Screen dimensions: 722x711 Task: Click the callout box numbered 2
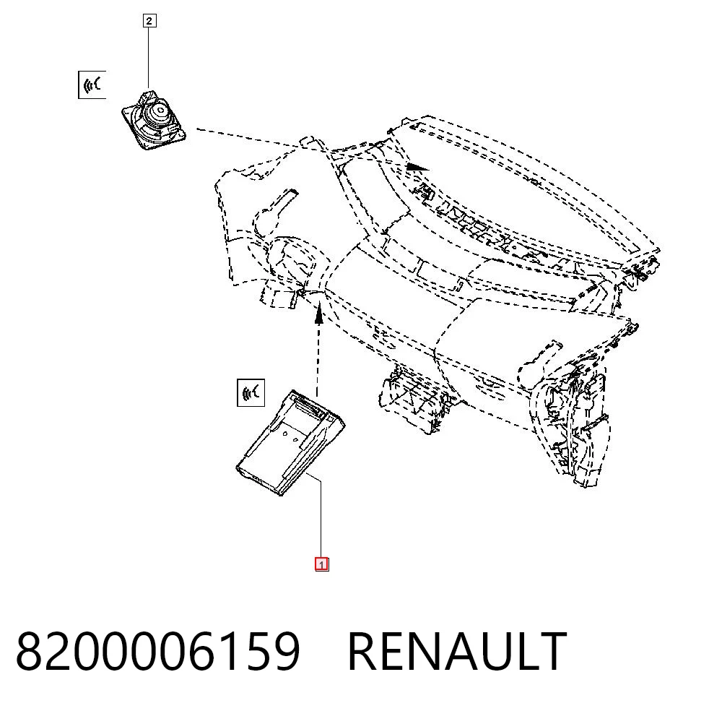[x=149, y=21]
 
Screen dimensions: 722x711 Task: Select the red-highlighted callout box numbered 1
[x=321, y=564]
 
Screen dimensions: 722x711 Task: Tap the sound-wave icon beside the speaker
[x=92, y=85]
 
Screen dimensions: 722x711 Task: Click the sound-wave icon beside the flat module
[x=251, y=393]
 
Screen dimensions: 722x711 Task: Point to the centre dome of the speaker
[x=160, y=111]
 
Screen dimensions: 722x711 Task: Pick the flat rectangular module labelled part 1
[x=290, y=443]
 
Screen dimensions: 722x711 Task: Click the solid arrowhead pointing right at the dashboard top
[x=417, y=166]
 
